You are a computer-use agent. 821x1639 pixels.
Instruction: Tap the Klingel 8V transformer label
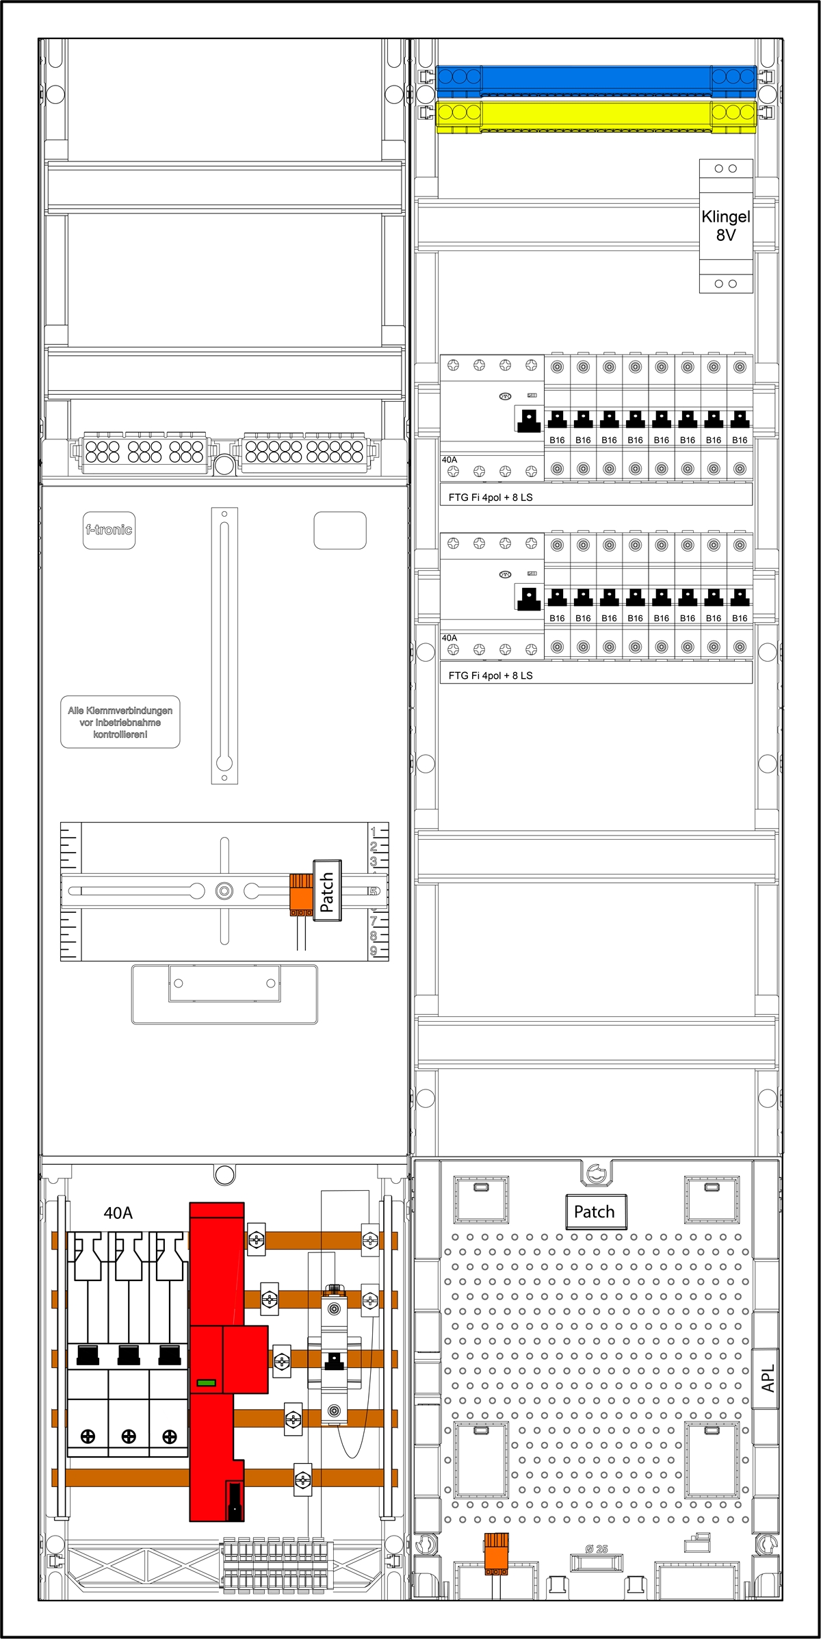coord(726,226)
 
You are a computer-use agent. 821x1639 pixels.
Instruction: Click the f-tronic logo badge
coord(109,530)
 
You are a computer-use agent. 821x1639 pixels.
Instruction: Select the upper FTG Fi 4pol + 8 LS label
coord(490,498)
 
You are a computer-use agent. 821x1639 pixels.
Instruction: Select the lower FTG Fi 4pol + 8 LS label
coord(490,675)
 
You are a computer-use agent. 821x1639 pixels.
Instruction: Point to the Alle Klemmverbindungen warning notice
coord(120,723)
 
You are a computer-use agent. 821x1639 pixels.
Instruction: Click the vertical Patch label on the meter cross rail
coord(327,891)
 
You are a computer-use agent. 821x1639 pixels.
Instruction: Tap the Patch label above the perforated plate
coord(595,1212)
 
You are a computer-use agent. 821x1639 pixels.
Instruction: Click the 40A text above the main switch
coord(118,1213)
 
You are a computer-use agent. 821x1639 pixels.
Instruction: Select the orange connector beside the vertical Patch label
coord(301,893)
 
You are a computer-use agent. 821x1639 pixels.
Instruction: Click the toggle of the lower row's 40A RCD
coord(528,598)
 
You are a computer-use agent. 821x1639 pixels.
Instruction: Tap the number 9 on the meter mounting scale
coord(374,951)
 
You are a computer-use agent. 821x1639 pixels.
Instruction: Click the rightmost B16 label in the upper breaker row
coord(740,440)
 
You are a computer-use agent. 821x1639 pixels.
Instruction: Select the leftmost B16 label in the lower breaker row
coord(557,618)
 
